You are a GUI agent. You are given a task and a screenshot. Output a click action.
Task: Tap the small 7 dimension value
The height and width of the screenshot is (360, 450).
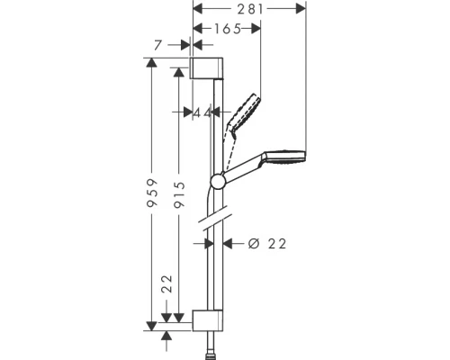[x=158, y=43]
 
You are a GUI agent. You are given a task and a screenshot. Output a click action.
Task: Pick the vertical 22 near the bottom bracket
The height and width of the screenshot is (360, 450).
[x=167, y=285]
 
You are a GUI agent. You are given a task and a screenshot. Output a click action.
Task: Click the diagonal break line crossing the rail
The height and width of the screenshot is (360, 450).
[x=216, y=216]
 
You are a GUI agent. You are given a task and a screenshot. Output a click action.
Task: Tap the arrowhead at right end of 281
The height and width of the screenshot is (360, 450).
[x=302, y=9]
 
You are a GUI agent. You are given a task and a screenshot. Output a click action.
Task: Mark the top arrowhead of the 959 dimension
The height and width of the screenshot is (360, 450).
[x=153, y=64]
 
